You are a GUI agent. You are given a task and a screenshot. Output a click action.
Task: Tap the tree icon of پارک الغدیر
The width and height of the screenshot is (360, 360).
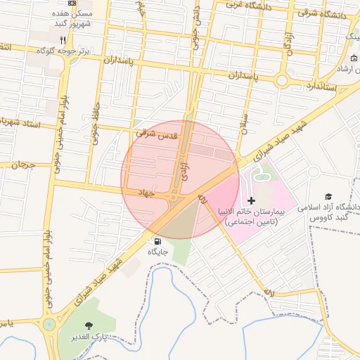point(89,326)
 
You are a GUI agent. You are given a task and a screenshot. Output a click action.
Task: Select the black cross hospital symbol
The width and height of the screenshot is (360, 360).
point(252,201)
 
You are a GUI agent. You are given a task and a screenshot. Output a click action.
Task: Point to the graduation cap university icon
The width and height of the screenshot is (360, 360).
point(328,196)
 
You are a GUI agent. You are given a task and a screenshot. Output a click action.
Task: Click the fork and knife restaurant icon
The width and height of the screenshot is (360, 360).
point(63,40)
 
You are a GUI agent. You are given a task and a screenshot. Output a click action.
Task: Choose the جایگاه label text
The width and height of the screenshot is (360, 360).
point(157,251)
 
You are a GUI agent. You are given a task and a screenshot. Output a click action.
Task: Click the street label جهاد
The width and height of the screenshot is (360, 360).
point(146,191)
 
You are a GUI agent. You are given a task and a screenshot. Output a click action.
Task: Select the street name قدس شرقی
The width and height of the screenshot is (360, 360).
point(160,131)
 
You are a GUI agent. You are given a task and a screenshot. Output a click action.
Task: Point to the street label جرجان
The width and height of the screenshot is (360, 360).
point(22,166)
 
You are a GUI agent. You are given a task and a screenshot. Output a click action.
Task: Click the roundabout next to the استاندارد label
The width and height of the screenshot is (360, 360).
point(283,80)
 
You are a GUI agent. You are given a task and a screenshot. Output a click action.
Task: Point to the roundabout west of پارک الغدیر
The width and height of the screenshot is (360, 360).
point(49,324)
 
